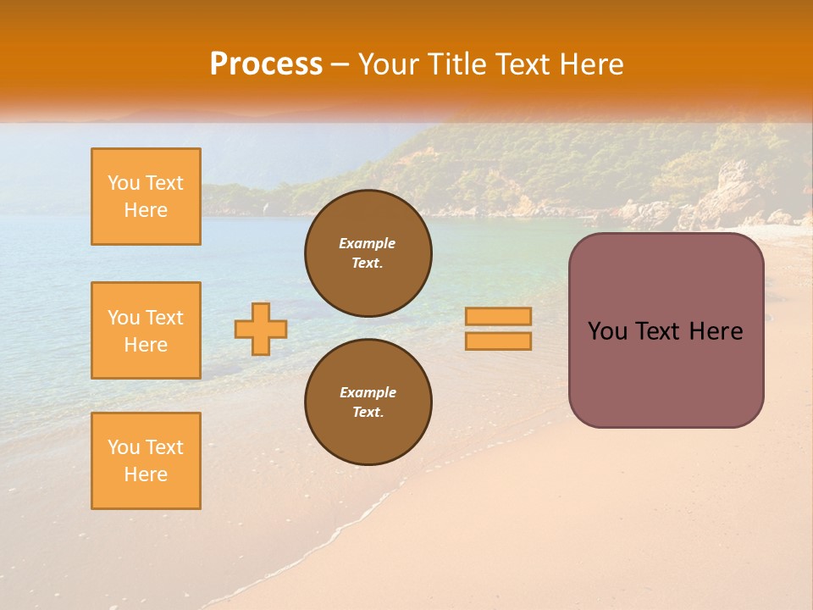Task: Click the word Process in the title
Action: point(266,64)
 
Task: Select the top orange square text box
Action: point(146,197)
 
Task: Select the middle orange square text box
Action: point(146,330)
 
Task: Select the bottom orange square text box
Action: point(146,460)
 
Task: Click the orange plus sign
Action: point(261,329)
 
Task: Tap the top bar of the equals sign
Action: point(498,316)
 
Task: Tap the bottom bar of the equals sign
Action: point(498,341)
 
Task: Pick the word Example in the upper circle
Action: point(368,243)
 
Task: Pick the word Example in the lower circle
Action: point(368,392)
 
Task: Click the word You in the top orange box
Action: point(124,183)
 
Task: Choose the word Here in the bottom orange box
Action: point(146,474)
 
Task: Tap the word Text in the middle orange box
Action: point(164,318)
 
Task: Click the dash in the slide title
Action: point(340,64)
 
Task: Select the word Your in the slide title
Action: point(385,64)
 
